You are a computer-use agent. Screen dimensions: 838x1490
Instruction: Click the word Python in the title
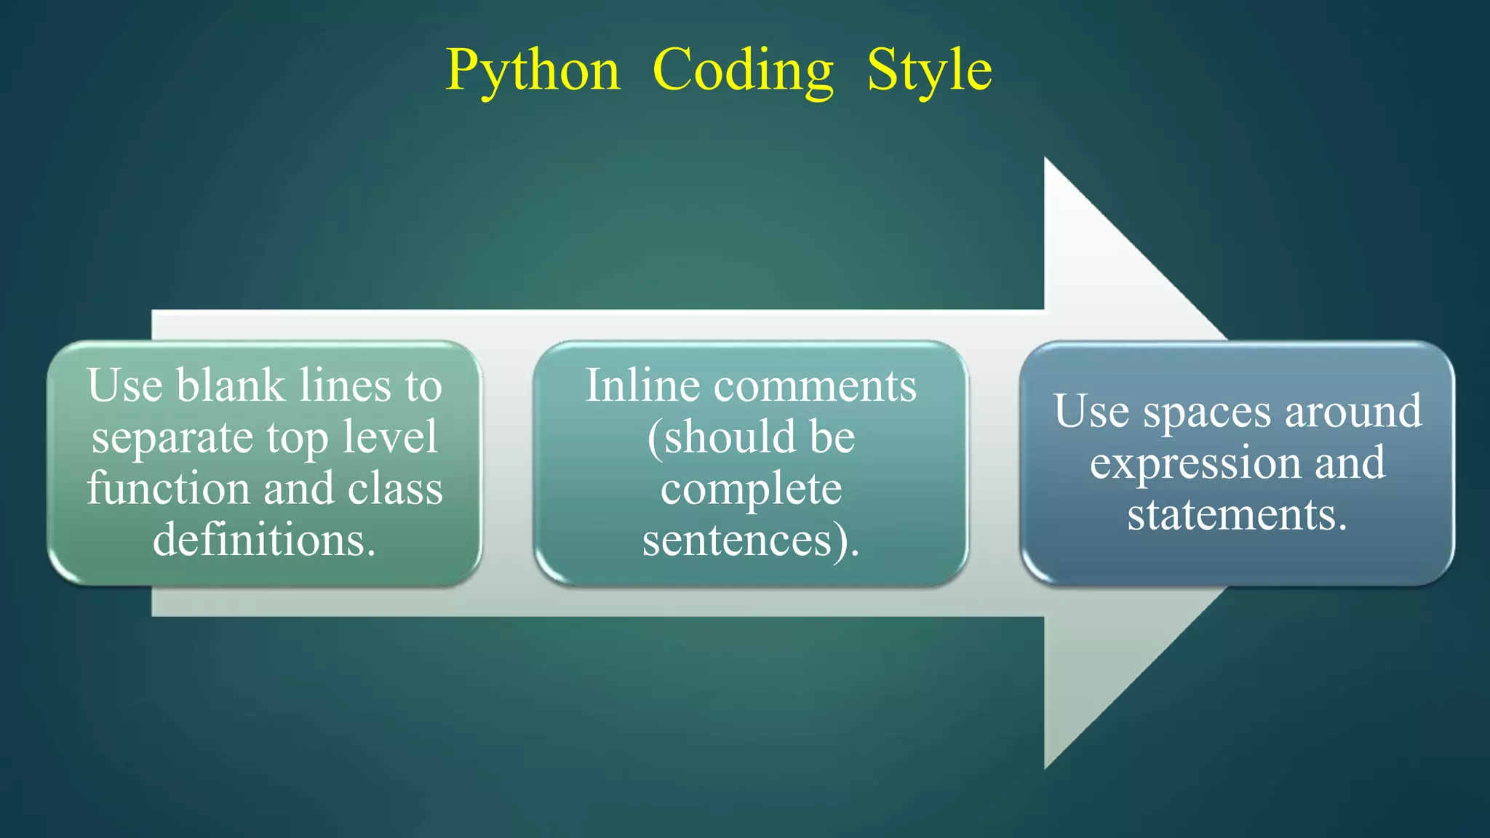tap(533, 71)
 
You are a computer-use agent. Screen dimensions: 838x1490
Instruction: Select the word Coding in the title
tap(743, 71)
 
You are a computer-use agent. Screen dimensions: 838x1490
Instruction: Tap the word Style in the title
tap(929, 71)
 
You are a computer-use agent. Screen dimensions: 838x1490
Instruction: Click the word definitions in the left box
tap(264, 539)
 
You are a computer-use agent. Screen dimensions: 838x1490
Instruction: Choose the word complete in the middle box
tap(751, 489)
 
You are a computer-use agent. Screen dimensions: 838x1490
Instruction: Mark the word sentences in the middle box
tap(737, 540)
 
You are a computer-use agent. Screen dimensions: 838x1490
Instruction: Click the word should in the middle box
tap(721, 437)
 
